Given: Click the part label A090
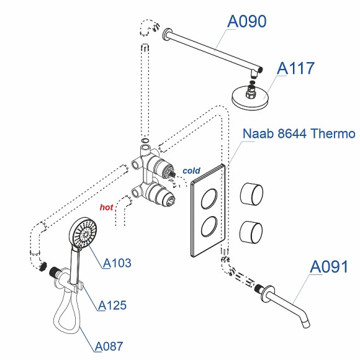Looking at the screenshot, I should click(x=246, y=21).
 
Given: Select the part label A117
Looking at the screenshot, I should click(x=295, y=68).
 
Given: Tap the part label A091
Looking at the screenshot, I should click(x=329, y=267).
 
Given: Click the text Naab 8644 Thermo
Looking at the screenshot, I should click(x=298, y=133).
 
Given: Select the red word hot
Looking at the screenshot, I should click(x=106, y=207).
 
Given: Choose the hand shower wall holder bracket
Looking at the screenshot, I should click(x=74, y=287).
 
